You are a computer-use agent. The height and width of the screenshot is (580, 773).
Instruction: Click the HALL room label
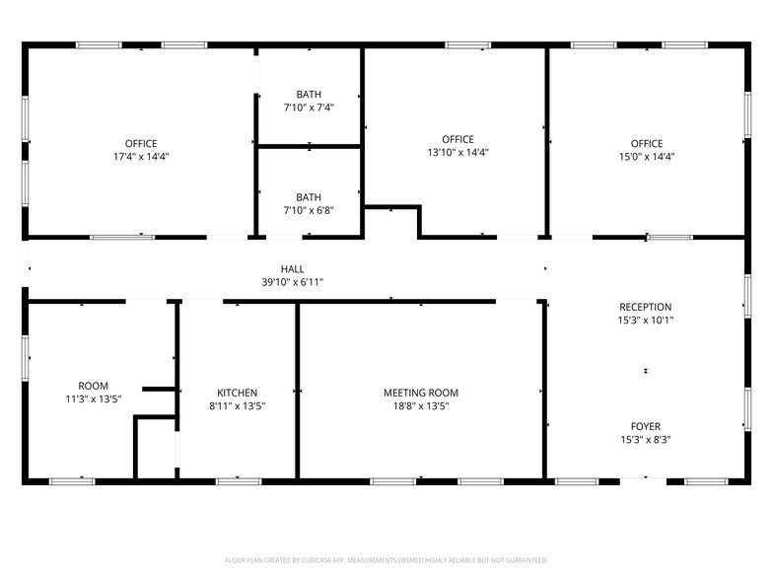click(x=292, y=269)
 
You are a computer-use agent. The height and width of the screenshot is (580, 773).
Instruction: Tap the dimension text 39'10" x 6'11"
click(x=292, y=282)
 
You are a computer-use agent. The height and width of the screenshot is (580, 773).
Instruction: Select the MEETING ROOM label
click(x=421, y=393)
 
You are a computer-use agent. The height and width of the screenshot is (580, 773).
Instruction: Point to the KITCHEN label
click(x=237, y=393)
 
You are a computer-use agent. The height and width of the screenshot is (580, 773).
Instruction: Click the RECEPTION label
click(x=645, y=307)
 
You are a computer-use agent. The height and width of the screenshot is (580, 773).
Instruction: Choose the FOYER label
click(x=645, y=426)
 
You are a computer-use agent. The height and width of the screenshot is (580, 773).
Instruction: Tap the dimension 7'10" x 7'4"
click(x=309, y=108)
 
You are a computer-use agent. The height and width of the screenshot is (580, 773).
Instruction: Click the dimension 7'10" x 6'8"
click(x=309, y=211)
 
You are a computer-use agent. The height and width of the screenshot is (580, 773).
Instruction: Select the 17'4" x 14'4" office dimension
click(x=141, y=157)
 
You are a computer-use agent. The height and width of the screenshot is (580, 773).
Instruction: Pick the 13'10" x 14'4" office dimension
click(x=457, y=152)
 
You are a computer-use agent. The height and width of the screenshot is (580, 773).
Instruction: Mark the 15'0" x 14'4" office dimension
click(x=647, y=157)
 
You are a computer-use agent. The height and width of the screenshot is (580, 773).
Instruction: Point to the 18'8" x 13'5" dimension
click(x=421, y=406)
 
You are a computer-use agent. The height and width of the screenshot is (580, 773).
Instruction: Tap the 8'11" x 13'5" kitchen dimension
click(x=237, y=406)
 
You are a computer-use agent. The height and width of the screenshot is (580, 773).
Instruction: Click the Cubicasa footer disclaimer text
click(x=386, y=560)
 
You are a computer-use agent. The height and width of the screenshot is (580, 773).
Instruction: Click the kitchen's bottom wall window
click(x=239, y=481)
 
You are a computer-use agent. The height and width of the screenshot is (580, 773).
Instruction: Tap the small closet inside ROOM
click(x=156, y=448)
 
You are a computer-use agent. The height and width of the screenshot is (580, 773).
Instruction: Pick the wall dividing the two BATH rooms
click(x=310, y=146)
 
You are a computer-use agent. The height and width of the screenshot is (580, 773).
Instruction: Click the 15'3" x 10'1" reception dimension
click(x=645, y=320)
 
